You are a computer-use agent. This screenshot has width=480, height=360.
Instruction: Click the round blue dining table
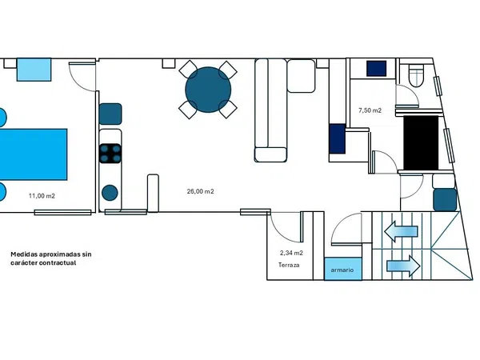coord(208,90)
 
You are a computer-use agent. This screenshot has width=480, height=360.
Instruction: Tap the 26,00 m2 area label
coord(201,191)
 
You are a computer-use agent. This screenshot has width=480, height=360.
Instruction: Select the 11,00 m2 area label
coord(42,196)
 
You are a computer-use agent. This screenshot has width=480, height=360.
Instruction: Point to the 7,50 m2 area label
coord(370,110)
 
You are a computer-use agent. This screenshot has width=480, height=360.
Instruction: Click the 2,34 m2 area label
coord(291,253)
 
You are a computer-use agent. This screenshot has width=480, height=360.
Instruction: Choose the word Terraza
coord(289,265)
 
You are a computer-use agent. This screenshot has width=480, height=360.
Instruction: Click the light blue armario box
coord(343,269)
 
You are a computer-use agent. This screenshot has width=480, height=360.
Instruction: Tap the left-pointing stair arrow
coord(401,231)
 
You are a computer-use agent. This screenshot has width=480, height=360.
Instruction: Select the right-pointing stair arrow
coord(403,266)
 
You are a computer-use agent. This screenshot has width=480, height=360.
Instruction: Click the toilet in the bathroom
coord(416,75)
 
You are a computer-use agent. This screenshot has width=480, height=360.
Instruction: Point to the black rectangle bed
coord(421,142)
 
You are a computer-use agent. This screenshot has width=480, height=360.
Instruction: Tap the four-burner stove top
coord(110,153)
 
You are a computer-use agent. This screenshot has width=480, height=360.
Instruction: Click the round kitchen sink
coord(110,193)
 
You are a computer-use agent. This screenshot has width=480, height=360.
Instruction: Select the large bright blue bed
coord(33,154)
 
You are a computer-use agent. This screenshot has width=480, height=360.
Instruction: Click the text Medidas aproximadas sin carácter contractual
coord(51,258)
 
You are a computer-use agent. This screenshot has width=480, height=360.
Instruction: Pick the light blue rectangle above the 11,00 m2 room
coord(34,70)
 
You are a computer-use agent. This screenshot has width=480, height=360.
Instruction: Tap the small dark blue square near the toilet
coord(377,68)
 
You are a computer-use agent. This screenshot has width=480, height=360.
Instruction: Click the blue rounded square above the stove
coord(110,114)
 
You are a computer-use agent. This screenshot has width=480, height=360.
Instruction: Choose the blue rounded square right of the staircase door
coord(445,199)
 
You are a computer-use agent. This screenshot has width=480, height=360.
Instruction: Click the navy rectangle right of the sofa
coord(338,138)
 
